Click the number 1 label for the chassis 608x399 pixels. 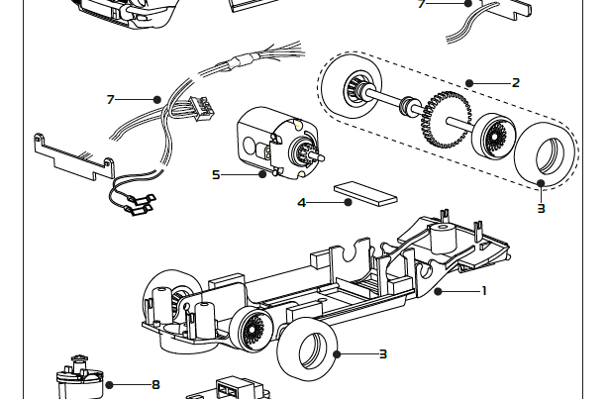pos(484,291)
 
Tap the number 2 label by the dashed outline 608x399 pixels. pos(515,83)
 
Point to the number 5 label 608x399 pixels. pos(216,175)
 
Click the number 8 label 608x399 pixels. pos(155,384)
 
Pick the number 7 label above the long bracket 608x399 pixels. pos(111,99)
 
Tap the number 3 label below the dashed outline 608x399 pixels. pos(541,208)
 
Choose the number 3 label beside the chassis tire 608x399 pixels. pos(383,353)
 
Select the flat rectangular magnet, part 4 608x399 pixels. pos(362,190)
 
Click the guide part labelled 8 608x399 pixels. pos(77,379)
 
